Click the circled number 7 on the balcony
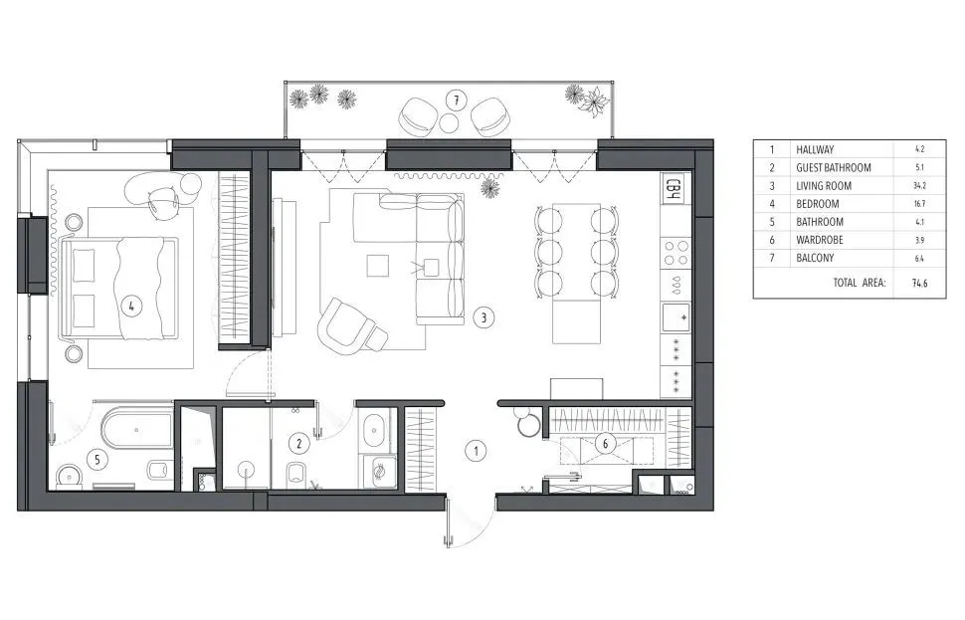456,101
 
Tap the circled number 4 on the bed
131,305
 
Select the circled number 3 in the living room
483,317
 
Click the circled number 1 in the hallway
476,451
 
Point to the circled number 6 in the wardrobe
605,443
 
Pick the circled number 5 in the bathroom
97,460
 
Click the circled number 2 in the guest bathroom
299,443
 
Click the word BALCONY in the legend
815,258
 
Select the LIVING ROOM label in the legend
824,185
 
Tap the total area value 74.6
919,284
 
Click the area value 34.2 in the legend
919,185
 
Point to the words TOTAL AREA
860,283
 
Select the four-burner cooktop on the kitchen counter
675,253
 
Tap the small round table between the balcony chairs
450,123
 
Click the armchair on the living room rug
351,326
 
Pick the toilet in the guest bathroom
296,474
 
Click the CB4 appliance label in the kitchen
674,189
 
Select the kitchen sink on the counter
675,317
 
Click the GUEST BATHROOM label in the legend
834,167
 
